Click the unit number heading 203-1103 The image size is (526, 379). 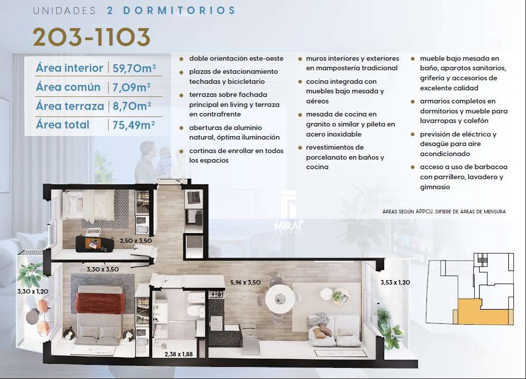click(x=91, y=37)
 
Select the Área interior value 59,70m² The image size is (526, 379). click(x=134, y=68)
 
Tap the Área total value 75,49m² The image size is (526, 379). click(x=134, y=125)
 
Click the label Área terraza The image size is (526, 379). click(x=70, y=106)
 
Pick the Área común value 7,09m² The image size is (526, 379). click(x=132, y=87)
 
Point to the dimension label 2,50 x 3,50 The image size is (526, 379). click(x=136, y=240)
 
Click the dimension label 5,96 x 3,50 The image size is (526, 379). click(x=245, y=282)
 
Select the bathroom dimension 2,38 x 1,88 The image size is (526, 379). click(x=179, y=354)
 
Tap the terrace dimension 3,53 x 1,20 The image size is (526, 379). click(x=395, y=282)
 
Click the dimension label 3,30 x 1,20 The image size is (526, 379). click(x=33, y=291)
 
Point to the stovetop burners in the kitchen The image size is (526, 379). click(x=216, y=295)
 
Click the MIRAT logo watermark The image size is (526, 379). click(x=289, y=225)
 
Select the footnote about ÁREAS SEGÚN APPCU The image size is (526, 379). click(x=444, y=212)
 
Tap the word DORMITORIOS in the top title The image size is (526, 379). click(x=179, y=11)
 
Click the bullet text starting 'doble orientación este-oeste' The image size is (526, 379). click(x=236, y=58)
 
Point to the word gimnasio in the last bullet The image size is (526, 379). click(x=435, y=187)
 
